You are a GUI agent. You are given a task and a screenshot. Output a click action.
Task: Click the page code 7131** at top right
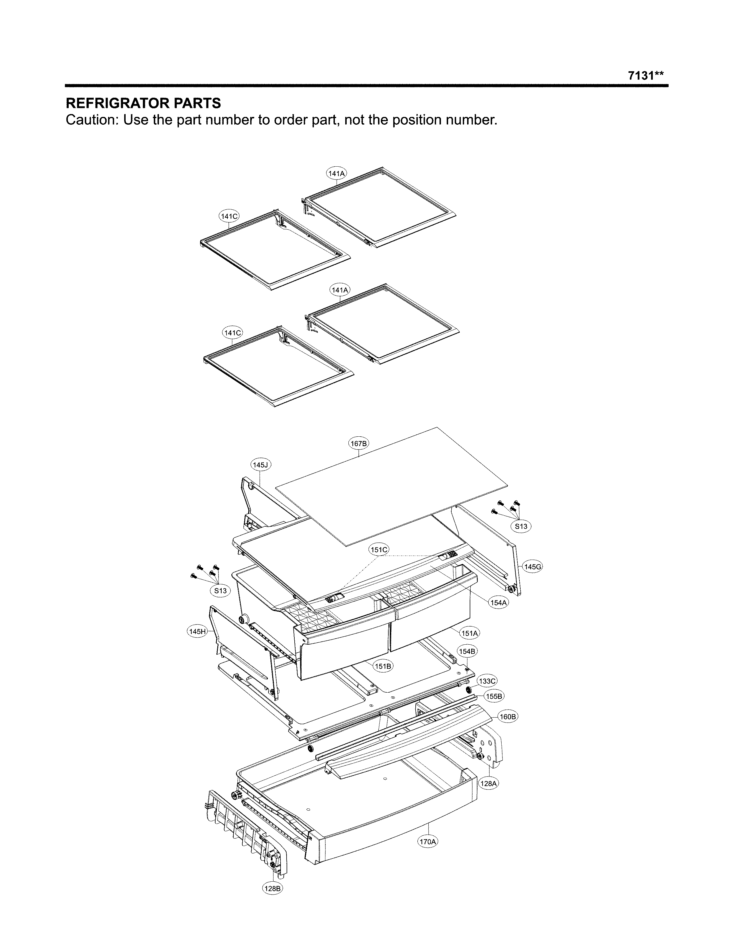tap(645, 76)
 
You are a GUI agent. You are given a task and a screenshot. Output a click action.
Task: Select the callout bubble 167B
tap(359, 444)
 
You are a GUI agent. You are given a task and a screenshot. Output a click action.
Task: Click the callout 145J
tap(261, 465)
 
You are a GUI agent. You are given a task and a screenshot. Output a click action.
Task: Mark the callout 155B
tap(494, 696)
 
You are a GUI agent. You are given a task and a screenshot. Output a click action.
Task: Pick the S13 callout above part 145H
tap(220, 591)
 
